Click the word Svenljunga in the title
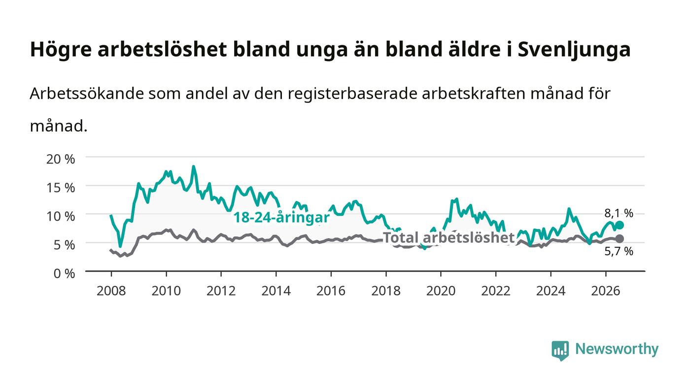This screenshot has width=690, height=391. coord(574,50)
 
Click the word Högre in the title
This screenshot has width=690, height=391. coord(61,50)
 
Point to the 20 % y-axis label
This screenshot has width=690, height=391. coord(61,159)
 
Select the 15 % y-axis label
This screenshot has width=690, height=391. coord(61,188)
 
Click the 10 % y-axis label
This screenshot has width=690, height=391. coord(61,216)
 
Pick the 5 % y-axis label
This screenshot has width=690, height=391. coord(65,245)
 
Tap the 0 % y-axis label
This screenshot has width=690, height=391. coord(65,273)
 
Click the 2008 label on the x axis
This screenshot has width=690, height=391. coord(111,291)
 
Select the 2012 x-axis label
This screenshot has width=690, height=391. coord(221,291)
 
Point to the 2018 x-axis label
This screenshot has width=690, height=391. coord(385,291)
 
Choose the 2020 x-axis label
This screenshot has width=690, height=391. coord(441,291)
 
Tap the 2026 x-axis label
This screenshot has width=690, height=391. coord(606,291)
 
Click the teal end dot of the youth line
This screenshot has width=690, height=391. coord(620,225)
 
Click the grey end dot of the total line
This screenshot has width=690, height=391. coord(620,239)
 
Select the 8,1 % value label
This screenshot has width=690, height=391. coord(619,213)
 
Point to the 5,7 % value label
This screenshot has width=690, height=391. coord(619,251)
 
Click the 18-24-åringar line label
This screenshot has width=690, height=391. coord(281,217)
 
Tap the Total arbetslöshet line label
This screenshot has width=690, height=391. coord(448,238)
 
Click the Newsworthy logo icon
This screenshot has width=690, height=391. coord(560,351)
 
